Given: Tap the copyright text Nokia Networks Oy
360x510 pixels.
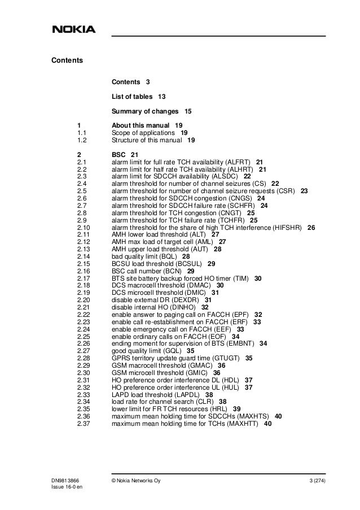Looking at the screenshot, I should pos(140,481).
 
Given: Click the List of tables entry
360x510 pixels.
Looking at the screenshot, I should pos(134,97).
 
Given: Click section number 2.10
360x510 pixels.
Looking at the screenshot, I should pos(84,228).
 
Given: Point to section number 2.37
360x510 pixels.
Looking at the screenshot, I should pos(84,424).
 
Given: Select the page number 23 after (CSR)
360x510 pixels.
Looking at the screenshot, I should pos(304,191).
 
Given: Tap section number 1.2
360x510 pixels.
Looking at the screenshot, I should pos(81,140).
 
